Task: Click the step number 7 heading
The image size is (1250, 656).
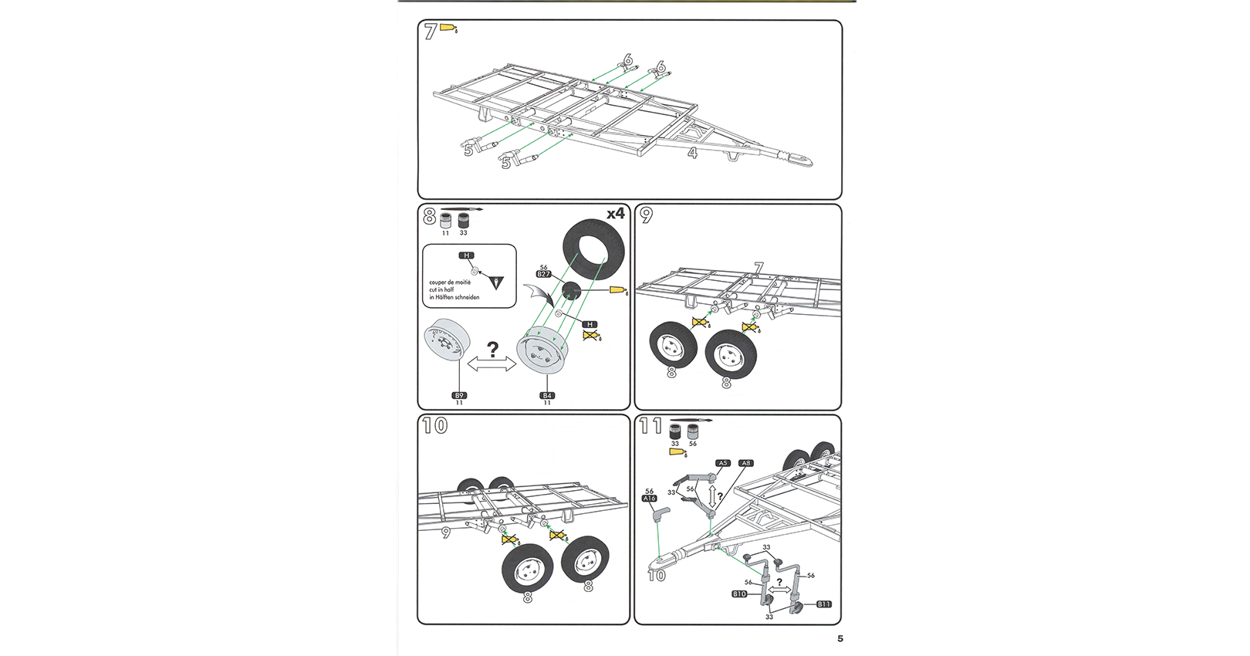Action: [431, 32]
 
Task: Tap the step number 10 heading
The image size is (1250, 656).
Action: [435, 425]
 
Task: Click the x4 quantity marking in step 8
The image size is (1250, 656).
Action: [615, 214]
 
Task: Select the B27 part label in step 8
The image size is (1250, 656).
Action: [544, 274]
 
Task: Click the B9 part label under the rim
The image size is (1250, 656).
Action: [459, 395]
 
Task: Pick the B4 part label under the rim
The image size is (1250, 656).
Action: [547, 395]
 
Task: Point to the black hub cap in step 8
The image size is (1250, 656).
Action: [571, 292]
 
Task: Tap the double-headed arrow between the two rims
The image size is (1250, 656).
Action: [492, 366]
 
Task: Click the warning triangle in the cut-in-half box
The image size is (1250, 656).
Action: [496, 282]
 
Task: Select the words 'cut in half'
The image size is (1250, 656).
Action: [442, 290]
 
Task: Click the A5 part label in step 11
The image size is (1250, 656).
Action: [722, 463]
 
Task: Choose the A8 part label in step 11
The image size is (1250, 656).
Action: [745, 463]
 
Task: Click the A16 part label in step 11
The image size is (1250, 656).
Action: [650, 499]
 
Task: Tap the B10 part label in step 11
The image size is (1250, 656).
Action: [739, 594]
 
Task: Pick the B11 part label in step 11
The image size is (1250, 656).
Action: [824, 604]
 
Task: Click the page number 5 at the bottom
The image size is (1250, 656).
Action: [840, 638]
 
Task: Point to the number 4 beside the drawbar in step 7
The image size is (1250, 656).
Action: [693, 154]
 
